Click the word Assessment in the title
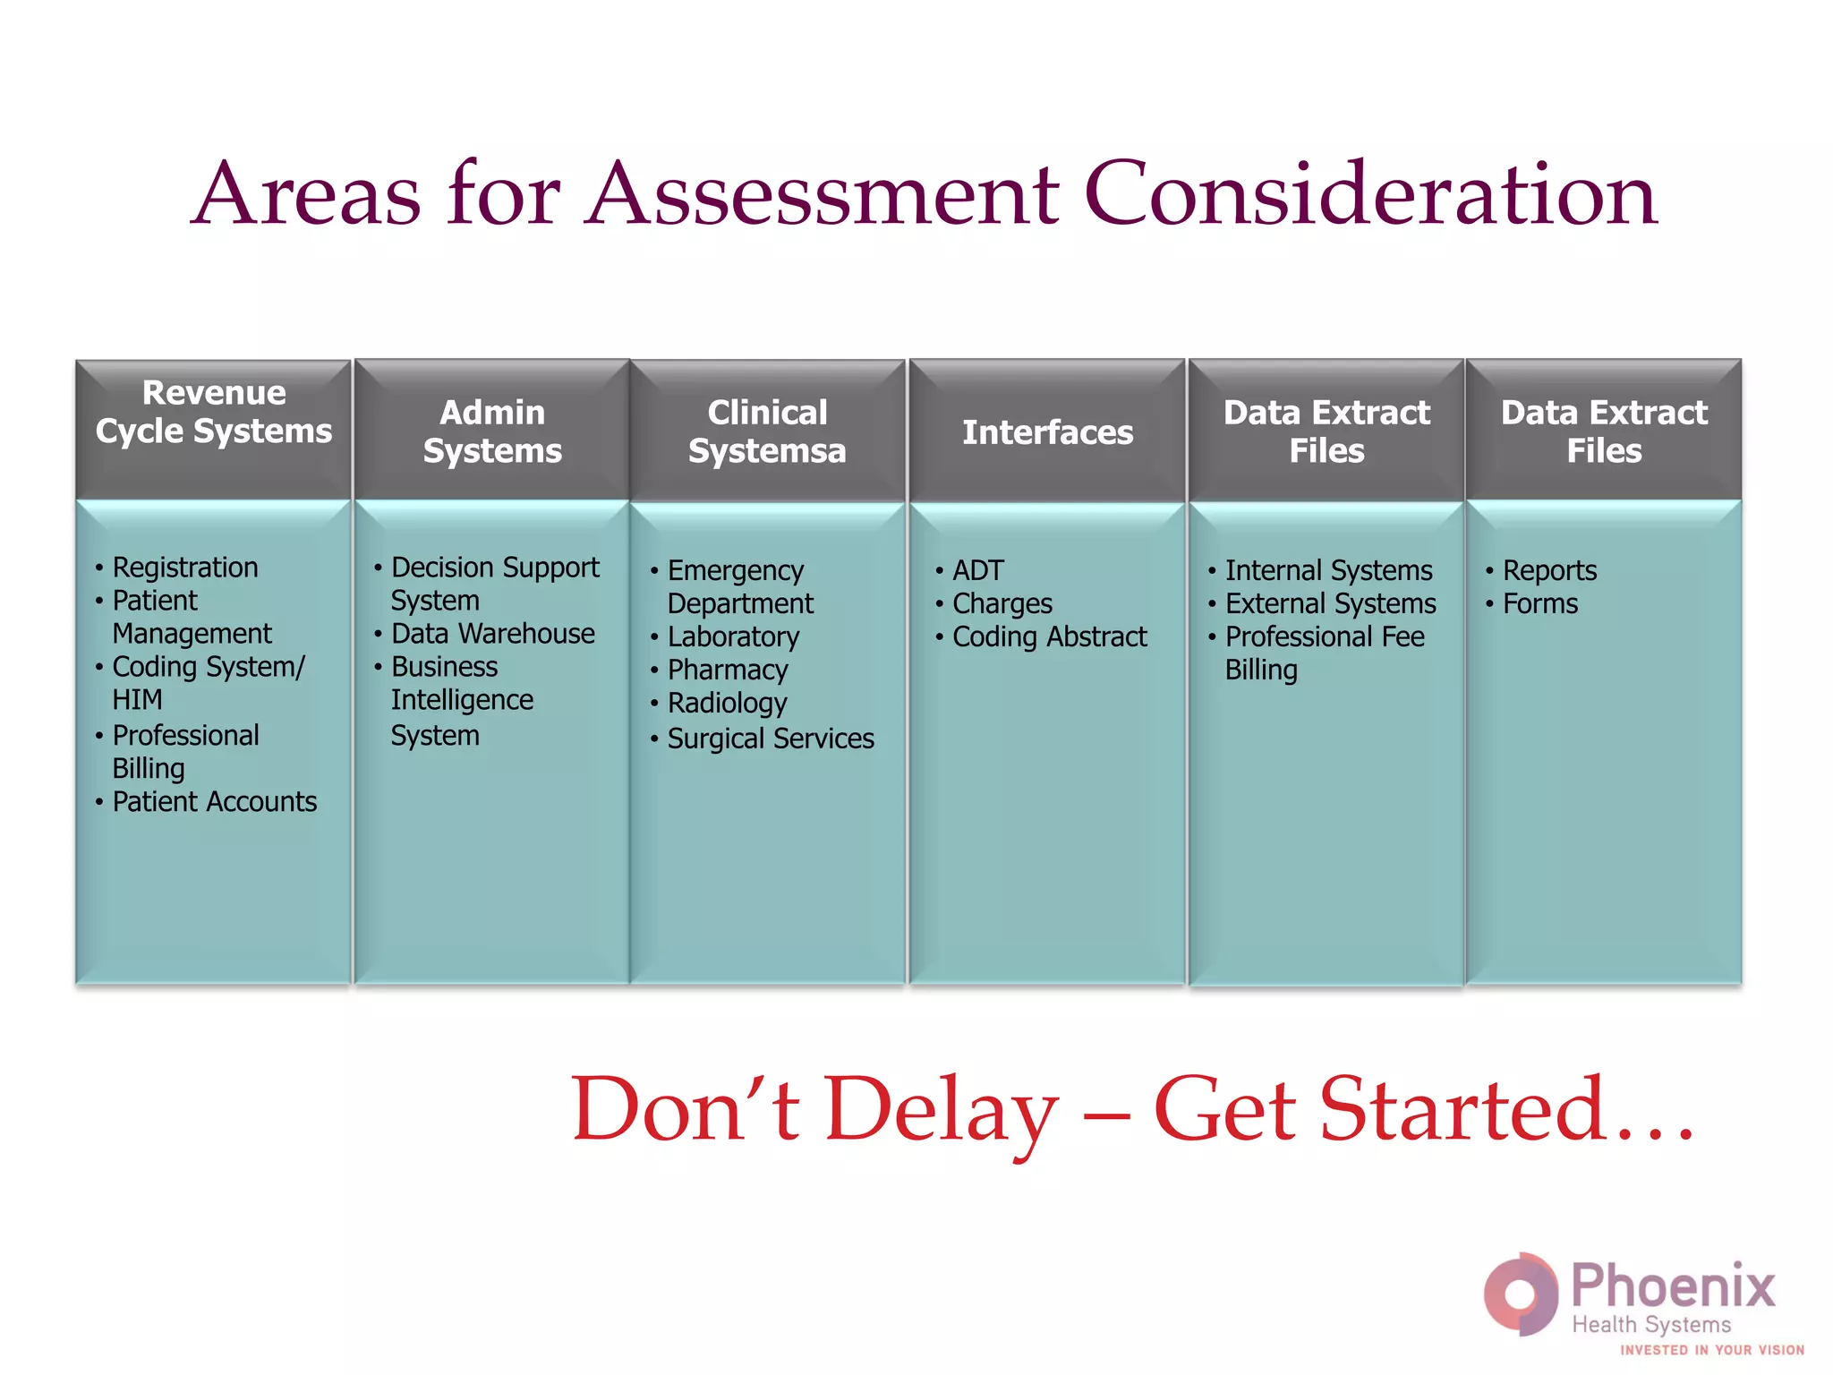[x=823, y=193]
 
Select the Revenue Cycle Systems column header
[x=213, y=412]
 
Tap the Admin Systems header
[x=492, y=431]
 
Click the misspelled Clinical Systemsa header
[x=767, y=431]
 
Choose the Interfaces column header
[x=1047, y=432]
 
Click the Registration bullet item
[x=184, y=568]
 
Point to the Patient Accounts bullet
[x=214, y=801]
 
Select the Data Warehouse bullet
[x=492, y=634]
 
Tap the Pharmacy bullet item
[x=727, y=670]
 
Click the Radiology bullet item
[x=727, y=703]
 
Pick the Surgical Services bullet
[x=770, y=739]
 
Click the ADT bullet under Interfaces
[x=977, y=570]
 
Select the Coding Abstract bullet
[x=1049, y=636]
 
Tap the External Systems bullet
[x=1330, y=603]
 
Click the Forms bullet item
[x=1539, y=603]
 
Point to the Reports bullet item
[x=1549, y=570]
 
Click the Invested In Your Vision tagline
[x=1711, y=1350]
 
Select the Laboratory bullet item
[x=733, y=636]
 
